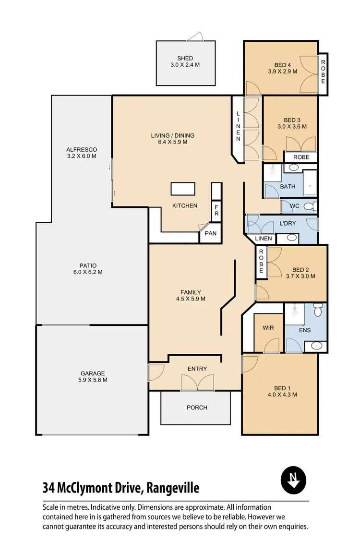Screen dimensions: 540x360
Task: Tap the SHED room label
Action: coord(185,59)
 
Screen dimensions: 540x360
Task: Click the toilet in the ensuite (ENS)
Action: coord(317,311)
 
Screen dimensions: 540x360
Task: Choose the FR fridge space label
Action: coord(216,211)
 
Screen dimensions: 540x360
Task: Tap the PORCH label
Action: coord(197,408)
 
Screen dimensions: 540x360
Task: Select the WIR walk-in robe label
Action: coord(268,328)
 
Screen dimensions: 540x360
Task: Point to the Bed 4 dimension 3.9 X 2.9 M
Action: coord(283,72)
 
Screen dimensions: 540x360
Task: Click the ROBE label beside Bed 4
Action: coord(323,69)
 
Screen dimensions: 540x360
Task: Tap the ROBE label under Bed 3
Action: coord(300,157)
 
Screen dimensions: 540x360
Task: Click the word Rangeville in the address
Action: coord(171,489)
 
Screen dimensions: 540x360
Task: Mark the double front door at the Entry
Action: coord(197,382)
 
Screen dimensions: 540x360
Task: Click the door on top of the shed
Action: coord(195,37)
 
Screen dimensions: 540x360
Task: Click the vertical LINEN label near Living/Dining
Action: coord(238,126)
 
